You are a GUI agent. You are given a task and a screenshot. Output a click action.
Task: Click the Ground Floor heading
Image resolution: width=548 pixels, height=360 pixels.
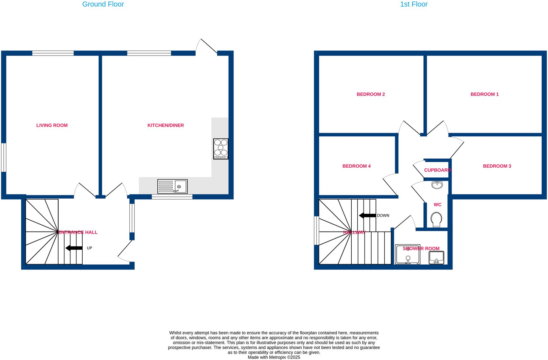pyautogui.click(x=103, y=4)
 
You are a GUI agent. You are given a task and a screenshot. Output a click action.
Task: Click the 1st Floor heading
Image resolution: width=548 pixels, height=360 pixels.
pyautogui.click(x=413, y=4)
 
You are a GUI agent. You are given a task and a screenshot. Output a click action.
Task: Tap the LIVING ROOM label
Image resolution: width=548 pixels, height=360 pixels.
pyautogui.click(x=52, y=125)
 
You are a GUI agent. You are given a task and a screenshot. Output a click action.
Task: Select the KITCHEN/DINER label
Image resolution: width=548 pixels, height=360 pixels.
pyautogui.click(x=165, y=125)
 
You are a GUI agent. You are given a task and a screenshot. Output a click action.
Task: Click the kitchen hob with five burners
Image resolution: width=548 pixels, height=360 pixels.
pyautogui.click(x=220, y=149)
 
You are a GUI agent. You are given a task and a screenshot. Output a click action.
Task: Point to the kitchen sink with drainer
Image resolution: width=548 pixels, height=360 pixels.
pyautogui.click(x=172, y=187)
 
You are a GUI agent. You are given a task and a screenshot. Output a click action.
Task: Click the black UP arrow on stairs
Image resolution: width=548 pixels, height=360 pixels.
pyautogui.click(x=74, y=248)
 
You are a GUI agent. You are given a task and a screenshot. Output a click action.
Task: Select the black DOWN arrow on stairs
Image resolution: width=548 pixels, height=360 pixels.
pyautogui.click(x=367, y=216)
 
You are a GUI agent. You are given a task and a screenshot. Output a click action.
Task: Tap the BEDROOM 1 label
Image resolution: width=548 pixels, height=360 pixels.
pyautogui.click(x=484, y=94)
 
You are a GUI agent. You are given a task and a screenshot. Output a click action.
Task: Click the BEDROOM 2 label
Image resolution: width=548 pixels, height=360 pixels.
pyautogui.click(x=370, y=94)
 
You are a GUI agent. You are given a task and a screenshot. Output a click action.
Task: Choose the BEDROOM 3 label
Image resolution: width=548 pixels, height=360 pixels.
pyautogui.click(x=497, y=166)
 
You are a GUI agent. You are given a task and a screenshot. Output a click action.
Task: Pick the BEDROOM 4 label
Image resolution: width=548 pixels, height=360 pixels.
pyautogui.click(x=356, y=166)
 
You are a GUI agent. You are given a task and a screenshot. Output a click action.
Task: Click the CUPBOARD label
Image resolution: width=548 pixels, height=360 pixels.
pyautogui.click(x=437, y=170)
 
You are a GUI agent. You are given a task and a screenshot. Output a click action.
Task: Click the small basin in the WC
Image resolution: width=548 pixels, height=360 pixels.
pyautogui.click(x=437, y=185)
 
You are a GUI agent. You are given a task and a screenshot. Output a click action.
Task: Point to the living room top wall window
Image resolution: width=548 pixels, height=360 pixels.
pyautogui.click(x=53, y=53)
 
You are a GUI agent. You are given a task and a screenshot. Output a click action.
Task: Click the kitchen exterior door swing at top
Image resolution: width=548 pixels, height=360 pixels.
pyautogui.click(x=206, y=47)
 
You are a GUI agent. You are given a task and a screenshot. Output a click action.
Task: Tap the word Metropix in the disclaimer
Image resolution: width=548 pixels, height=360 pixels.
pyautogui.click(x=277, y=357)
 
